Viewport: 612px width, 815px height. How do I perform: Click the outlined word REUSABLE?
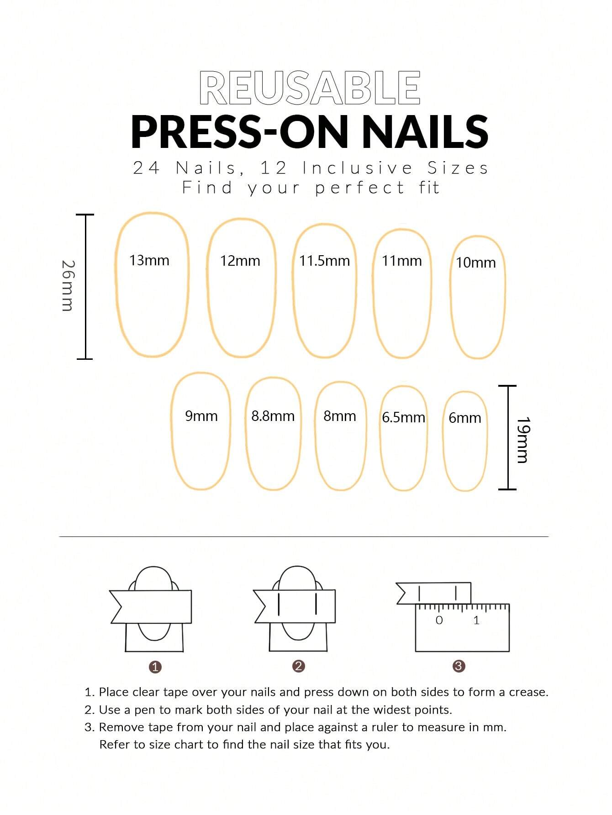[x=310, y=88]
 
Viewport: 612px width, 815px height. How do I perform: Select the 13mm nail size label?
[x=149, y=261]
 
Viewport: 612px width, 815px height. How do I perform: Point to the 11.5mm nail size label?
[x=324, y=261]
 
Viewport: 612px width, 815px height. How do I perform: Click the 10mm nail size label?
[x=475, y=263]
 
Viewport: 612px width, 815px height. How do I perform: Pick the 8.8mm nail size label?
[x=273, y=416]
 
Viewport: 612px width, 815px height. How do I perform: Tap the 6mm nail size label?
[x=464, y=418]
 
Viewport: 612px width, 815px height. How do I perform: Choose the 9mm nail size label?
[x=201, y=416]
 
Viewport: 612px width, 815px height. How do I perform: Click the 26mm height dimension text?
[x=68, y=286]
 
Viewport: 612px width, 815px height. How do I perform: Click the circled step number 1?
[x=155, y=667]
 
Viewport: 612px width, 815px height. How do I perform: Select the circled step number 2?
[x=298, y=666]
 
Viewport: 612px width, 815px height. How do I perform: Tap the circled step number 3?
[x=459, y=666]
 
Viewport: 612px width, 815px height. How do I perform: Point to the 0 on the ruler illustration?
[x=439, y=620]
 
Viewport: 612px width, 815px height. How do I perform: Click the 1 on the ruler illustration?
[x=476, y=620]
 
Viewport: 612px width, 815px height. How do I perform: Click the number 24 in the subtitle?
[x=146, y=168]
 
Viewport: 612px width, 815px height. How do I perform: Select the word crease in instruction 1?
[x=528, y=692]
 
